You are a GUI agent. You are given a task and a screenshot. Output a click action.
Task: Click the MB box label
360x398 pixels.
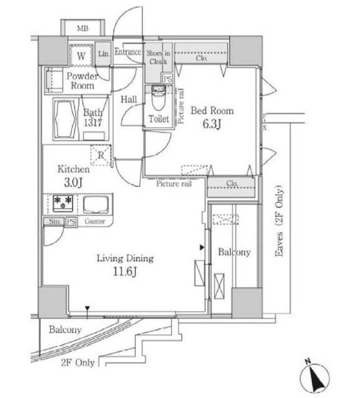(82, 28)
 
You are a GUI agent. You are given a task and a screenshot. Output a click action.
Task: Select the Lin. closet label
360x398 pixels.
(104, 55)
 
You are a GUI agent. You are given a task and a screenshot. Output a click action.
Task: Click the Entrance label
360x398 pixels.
(127, 52)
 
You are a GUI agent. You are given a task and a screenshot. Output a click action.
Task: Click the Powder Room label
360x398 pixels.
(81, 81)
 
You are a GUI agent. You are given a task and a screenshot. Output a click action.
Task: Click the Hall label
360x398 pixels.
(129, 99)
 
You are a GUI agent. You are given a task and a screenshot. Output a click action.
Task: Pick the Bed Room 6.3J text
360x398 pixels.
(211, 117)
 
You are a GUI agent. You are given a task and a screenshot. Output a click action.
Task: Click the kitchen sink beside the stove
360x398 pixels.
(96, 204)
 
